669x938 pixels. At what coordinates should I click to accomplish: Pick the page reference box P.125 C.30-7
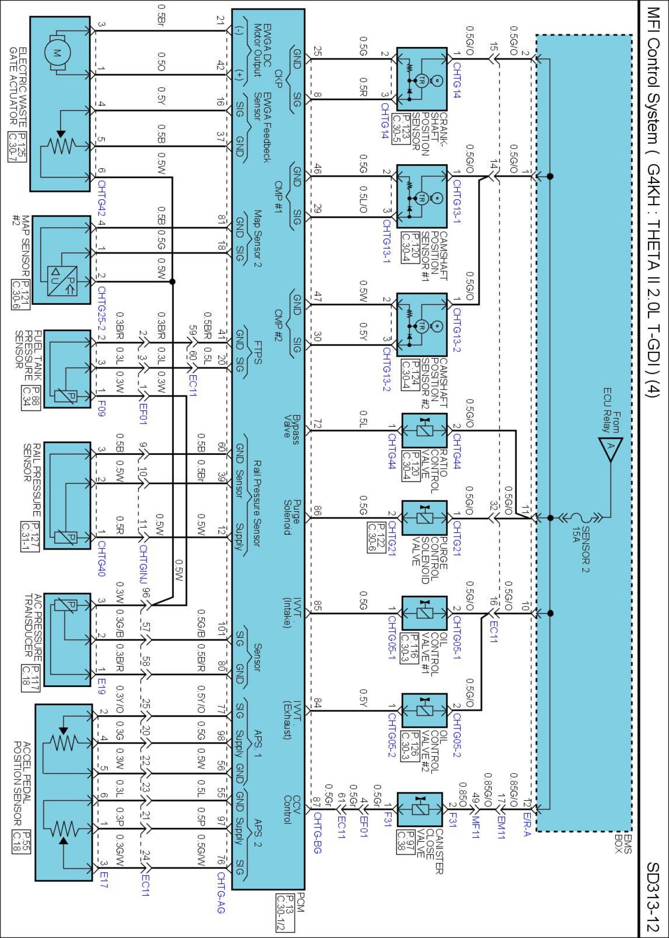17,147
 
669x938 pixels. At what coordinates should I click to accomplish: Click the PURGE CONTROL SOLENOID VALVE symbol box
424,518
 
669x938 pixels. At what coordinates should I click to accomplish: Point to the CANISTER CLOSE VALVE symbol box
420,809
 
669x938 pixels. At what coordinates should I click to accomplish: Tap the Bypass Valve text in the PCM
292,426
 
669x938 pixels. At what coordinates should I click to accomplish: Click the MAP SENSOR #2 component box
61,260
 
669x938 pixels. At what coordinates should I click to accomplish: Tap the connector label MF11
476,828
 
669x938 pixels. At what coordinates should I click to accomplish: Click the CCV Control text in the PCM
292,809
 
